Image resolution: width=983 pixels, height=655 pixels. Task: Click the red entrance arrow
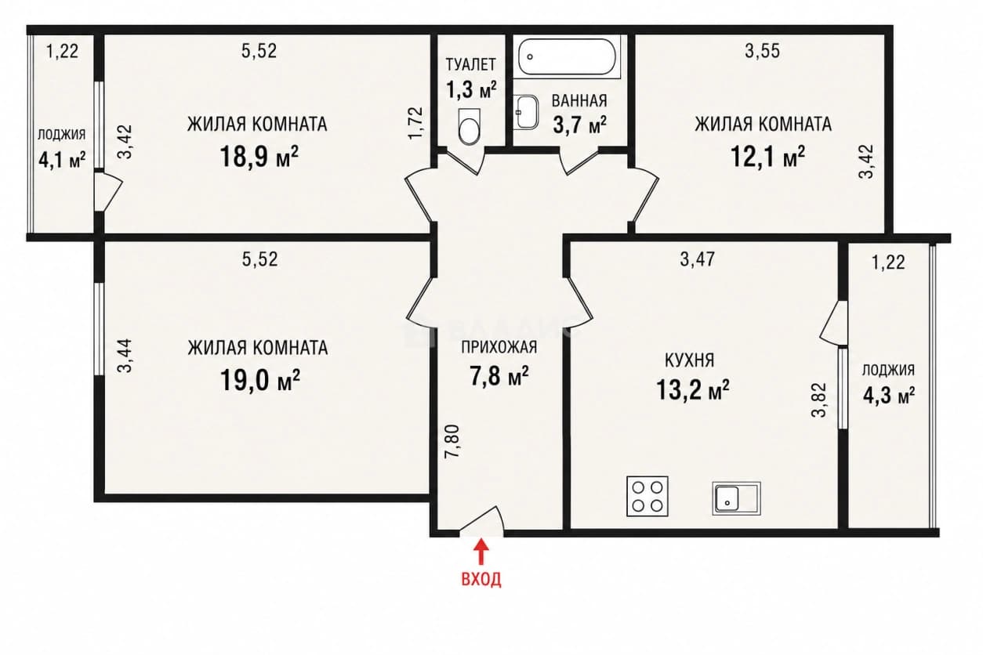coord(482,551)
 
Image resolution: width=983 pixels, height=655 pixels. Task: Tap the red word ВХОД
coord(481,580)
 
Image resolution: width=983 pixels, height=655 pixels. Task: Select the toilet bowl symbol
coord(469,126)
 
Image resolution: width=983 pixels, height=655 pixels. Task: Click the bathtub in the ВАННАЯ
coord(567,56)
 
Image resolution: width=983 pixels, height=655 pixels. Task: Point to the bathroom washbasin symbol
coord(527,112)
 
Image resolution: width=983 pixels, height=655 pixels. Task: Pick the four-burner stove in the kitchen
coord(647,496)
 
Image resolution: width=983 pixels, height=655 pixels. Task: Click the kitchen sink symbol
coord(736,498)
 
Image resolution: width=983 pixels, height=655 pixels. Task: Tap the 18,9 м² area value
coord(259,157)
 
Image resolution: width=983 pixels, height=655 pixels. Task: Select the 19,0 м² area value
coord(259,380)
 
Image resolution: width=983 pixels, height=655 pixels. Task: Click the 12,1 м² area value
coord(768,157)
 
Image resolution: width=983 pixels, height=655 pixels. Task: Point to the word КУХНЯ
coord(690,360)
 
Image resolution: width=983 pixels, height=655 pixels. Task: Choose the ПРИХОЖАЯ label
coord(499,347)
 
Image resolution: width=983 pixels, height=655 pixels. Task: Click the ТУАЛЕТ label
coord(471,64)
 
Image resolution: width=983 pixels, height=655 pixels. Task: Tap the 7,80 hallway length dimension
coord(452,441)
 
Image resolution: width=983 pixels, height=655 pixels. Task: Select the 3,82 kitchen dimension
coord(819,400)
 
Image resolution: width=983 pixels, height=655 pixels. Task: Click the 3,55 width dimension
coord(763,51)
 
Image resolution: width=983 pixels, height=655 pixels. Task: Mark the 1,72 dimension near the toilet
coord(415,123)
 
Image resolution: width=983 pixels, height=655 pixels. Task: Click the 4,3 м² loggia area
coord(889,396)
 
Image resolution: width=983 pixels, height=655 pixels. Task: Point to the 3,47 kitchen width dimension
coord(698,259)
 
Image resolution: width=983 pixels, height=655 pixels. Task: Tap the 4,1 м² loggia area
coord(62,159)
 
